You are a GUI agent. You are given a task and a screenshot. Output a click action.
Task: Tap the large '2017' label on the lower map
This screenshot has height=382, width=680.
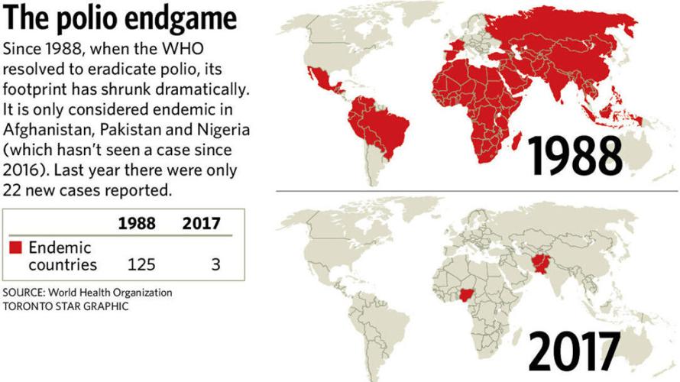574,351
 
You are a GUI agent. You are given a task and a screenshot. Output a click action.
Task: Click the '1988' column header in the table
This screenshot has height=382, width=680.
137,224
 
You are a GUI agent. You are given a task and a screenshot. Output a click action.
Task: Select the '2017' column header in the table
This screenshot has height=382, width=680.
201,224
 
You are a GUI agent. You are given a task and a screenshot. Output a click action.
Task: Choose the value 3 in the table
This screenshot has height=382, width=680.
216,265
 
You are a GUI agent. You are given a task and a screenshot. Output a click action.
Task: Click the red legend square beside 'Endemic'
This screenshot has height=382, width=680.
15,248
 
